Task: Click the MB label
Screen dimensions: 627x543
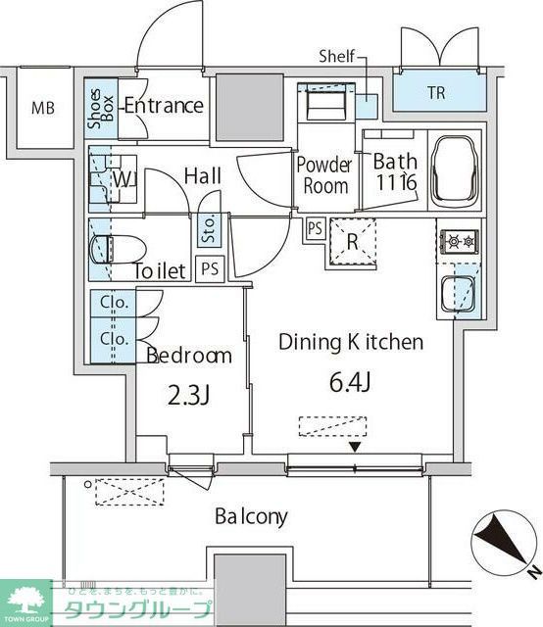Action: pos(42,108)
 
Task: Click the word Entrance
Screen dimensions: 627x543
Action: pos(163,106)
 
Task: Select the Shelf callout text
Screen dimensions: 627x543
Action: pos(336,58)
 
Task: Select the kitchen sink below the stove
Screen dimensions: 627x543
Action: pos(456,293)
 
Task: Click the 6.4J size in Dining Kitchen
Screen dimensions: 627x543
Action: pos(350,383)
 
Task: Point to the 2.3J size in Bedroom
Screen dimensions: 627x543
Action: pos(189,395)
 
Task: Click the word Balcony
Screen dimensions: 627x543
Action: pos(251,516)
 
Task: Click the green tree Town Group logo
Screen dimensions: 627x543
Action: pos(27,599)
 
